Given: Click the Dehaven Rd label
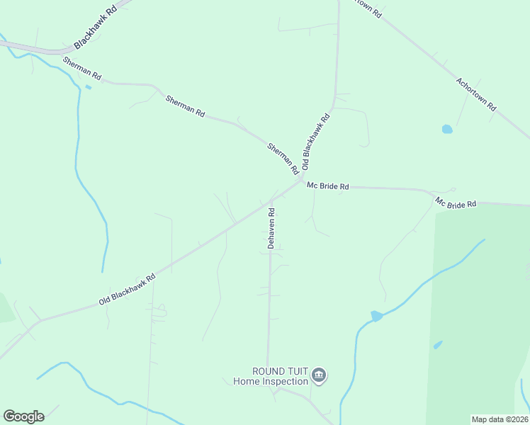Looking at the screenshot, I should tap(271, 227).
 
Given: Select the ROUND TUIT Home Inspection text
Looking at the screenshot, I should tap(271, 376).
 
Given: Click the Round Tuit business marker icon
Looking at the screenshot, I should tap(319, 375).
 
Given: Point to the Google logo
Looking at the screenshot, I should tap(23, 416).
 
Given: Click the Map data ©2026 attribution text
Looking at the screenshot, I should tap(500, 419).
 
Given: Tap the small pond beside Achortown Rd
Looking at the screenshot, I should tap(447, 130).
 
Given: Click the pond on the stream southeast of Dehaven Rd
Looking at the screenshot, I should tap(376, 316).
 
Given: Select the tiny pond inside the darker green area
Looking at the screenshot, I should tap(438, 345).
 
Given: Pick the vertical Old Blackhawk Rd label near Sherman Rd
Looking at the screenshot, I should tap(316, 142).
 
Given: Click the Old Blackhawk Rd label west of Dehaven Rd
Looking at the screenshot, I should tap(127, 290).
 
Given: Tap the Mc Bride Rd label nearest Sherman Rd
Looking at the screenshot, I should tap(328, 186).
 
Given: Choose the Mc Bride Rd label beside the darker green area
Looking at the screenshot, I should tap(456, 203).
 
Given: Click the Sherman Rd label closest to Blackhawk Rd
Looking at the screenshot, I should tap(82, 68).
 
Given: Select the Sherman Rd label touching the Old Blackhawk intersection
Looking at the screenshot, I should tap(283, 159).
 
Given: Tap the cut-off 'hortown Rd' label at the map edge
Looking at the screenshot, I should tap(368, 8).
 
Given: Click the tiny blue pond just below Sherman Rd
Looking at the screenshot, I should tap(88, 87).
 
